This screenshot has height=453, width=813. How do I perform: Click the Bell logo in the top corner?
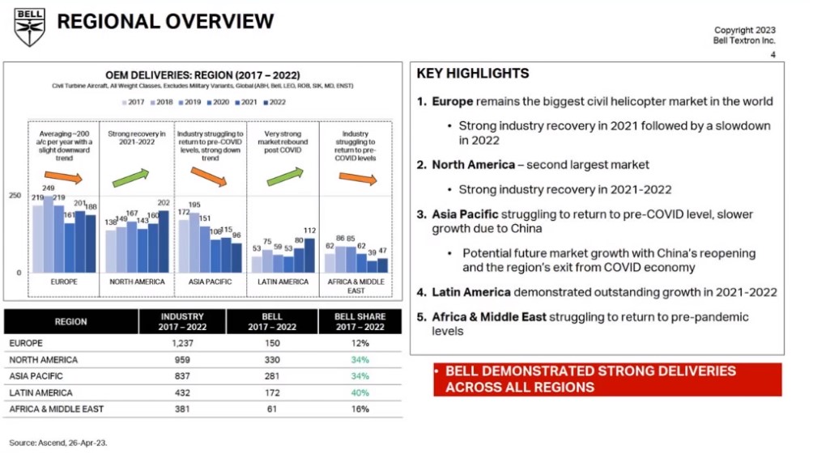tap(30, 26)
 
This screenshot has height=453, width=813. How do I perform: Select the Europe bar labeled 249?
tap(49, 234)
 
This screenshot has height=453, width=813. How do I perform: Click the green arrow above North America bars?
tap(130, 176)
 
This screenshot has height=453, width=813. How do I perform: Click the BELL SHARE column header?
tap(360, 322)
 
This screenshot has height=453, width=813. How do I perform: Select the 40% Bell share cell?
tap(360, 393)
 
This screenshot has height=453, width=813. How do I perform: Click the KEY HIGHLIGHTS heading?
tap(473, 74)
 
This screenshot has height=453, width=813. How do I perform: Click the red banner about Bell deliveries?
tap(607, 379)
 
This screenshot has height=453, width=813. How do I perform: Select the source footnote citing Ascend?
tap(58, 443)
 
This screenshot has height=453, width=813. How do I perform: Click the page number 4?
tap(773, 55)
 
